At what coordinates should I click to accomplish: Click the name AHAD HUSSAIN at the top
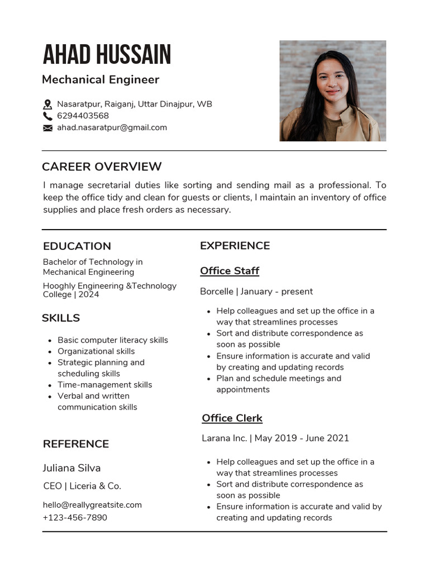point(107,55)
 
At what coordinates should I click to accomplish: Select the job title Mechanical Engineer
point(101,79)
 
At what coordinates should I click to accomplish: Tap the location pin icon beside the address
point(47,104)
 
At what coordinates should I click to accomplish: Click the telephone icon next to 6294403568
point(47,116)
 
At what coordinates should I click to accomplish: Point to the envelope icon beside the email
point(47,128)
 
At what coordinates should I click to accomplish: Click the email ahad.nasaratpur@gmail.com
point(112,127)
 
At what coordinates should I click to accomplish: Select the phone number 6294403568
point(83,116)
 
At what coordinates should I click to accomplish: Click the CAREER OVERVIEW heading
point(102,166)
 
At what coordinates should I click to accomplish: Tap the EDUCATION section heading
point(77,246)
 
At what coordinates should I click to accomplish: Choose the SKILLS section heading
point(61,318)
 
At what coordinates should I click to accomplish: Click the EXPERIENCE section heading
point(235,246)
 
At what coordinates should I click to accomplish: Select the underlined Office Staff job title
point(230,271)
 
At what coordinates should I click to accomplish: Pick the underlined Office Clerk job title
point(232,418)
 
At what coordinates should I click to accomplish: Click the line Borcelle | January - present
point(256,292)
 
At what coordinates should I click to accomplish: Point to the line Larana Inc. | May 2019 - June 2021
point(275,438)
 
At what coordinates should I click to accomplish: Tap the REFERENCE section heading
point(76,444)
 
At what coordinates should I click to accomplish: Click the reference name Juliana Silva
point(71,468)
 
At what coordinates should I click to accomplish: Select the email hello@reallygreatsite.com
point(92,505)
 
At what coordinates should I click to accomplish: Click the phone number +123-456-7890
point(75,518)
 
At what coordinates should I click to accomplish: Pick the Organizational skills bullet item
point(96,351)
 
